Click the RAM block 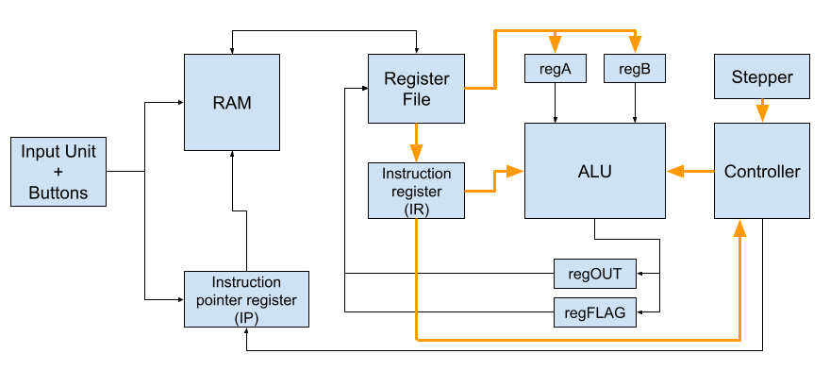[232, 102]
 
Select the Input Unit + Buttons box [58, 172]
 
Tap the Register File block [417, 89]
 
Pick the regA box [556, 68]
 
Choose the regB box [635, 68]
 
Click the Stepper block [762, 76]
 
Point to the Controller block [762, 171]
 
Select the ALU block [595, 171]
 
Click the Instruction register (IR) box [417, 191]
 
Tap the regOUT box [595, 274]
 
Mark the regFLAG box [595, 312]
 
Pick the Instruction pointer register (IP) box [247, 299]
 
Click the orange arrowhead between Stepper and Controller [762, 114]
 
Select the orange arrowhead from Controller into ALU [675, 171]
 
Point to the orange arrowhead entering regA [555, 44]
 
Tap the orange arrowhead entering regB [635, 44]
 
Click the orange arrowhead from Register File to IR [417, 154]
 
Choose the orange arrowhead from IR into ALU [515, 171]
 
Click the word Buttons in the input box [58, 193]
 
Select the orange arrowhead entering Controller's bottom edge [740, 227]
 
